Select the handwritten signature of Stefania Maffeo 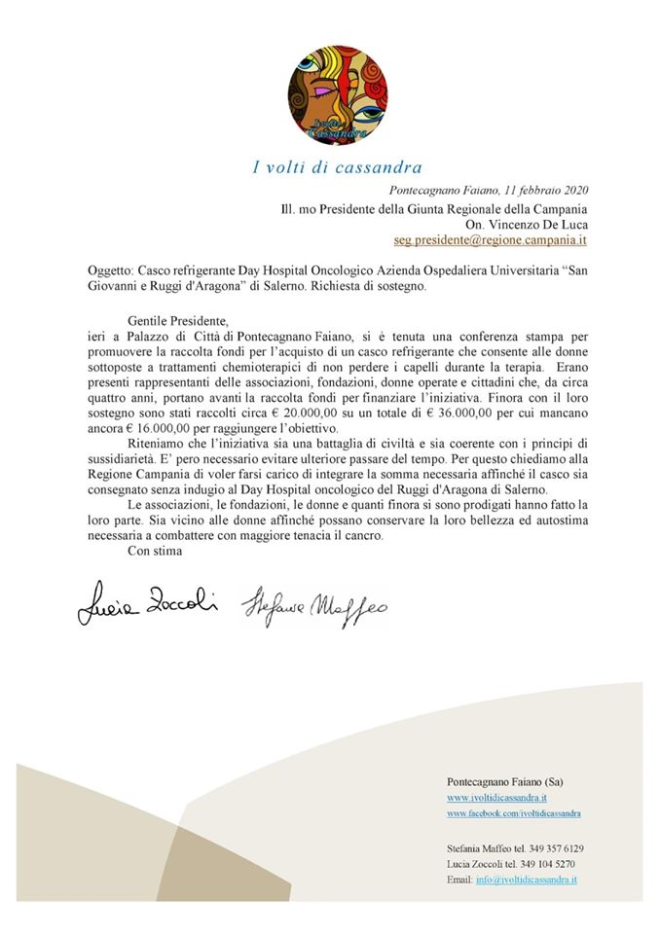coord(313,606)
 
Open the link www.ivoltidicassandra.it coord(496,797)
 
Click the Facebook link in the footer coord(514,811)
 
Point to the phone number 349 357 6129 coord(556,848)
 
